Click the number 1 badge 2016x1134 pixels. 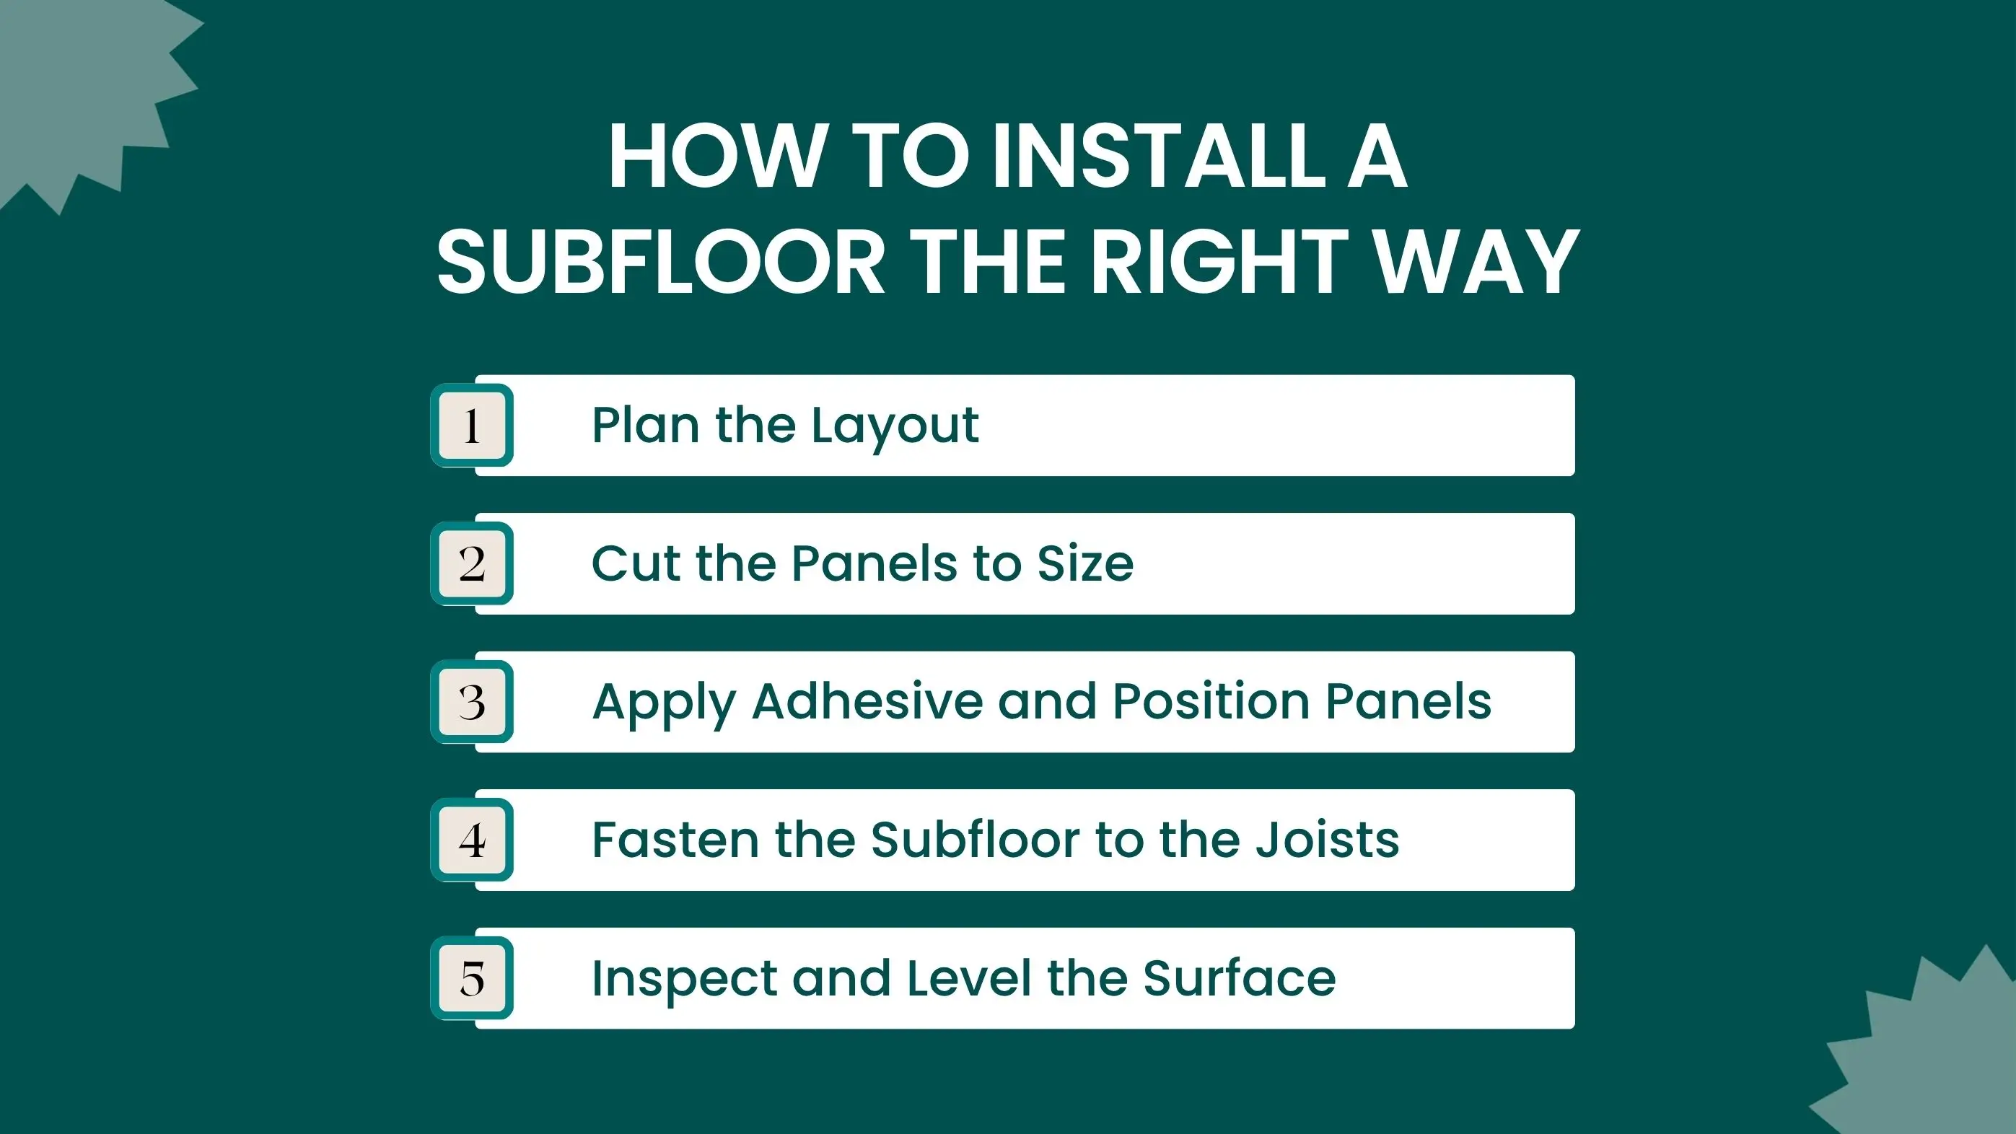(472, 426)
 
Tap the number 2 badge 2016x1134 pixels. (472, 563)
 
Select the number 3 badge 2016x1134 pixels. (472, 702)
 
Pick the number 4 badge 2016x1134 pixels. (472, 840)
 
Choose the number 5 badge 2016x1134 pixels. (472, 978)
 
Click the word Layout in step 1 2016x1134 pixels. (895, 428)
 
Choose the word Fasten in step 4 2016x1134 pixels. (676, 840)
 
